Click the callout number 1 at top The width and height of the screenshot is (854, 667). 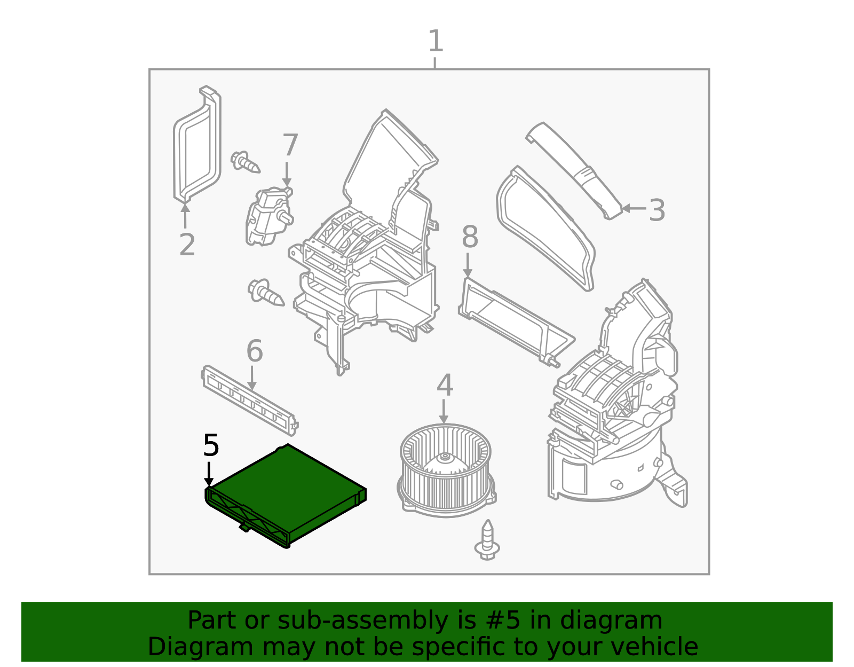[436, 42]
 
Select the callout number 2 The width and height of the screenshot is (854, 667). [187, 245]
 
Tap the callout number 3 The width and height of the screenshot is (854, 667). [657, 210]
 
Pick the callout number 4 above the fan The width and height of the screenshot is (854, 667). [445, 386]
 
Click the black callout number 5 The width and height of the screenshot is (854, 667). [211, 445]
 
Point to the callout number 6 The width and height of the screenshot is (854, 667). [255, 351]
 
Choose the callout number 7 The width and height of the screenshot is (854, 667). [290, 145]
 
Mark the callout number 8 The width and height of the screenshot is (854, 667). [470, 237]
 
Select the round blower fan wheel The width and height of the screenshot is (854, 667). [446, 467]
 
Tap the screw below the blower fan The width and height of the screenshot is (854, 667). [487, 540]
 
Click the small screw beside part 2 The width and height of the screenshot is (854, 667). [245, 161]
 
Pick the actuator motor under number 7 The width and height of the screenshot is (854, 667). [268, 216]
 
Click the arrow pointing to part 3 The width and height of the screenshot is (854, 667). [633, 208]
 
